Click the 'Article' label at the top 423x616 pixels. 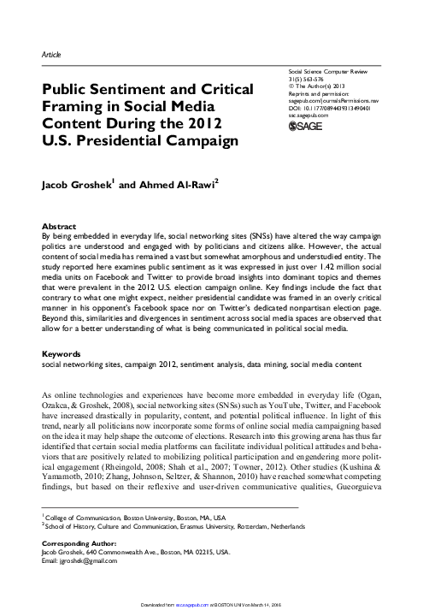point(50,54)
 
